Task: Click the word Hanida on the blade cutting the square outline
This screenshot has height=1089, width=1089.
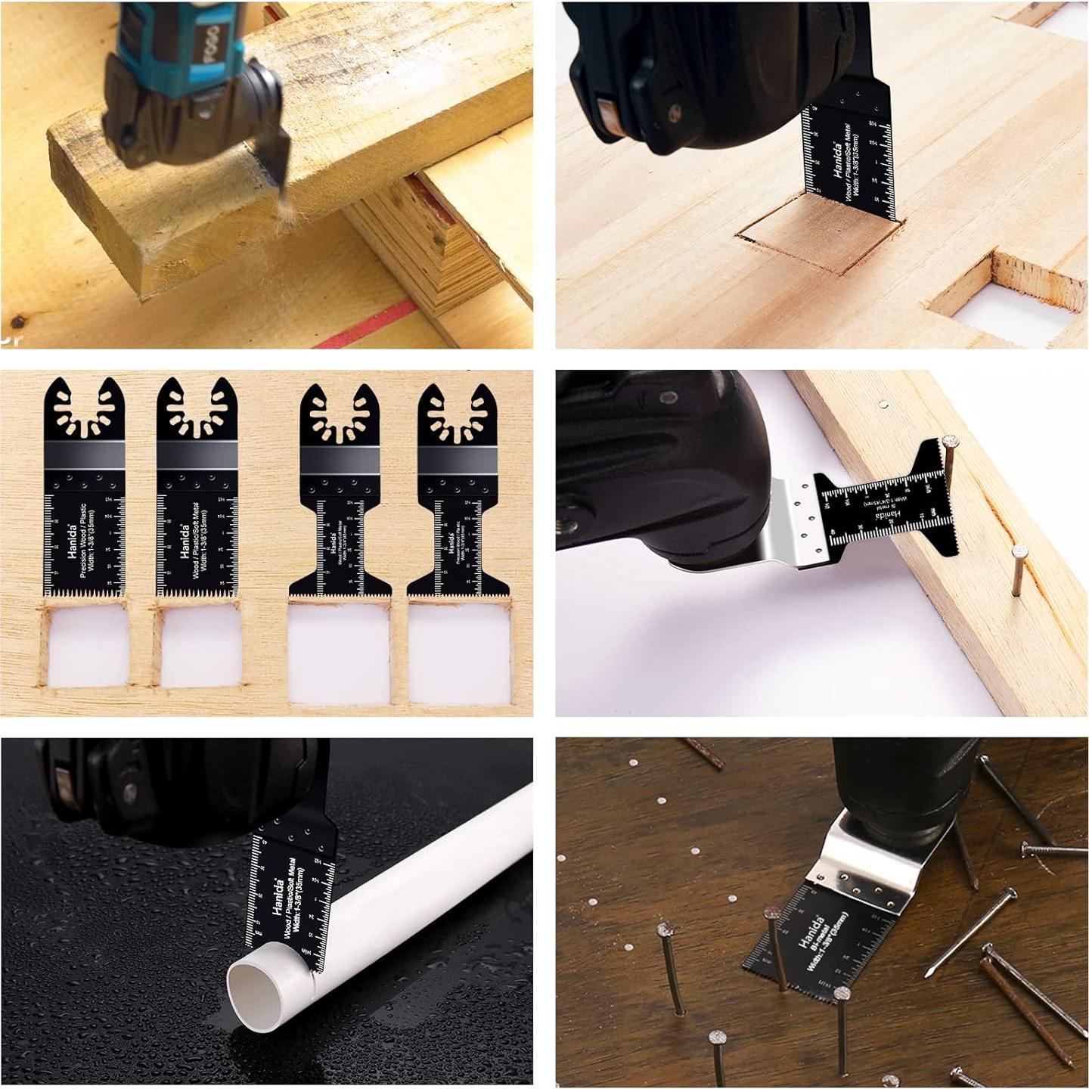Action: coord(838,160)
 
